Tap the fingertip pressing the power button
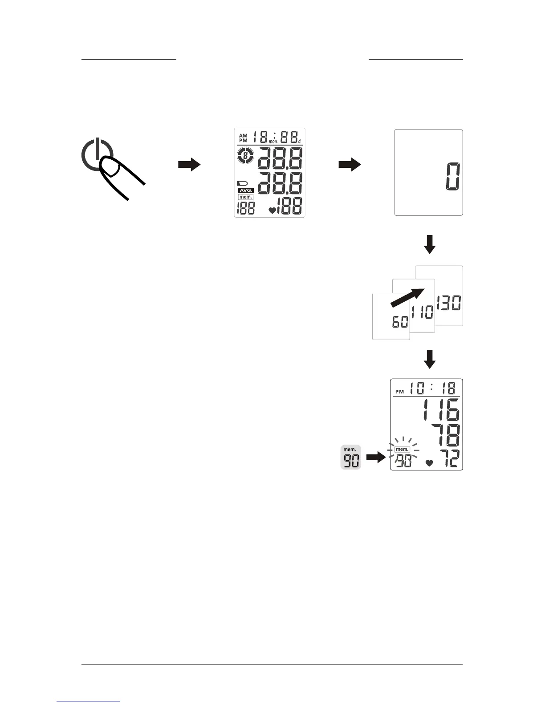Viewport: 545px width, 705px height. (110, 169)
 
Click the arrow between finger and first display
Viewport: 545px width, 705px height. (189, 165)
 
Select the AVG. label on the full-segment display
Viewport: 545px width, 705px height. (246, 190)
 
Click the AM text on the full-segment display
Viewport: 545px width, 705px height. (243, 135)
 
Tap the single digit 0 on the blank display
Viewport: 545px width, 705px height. (453, 177)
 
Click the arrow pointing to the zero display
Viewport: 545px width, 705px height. (350, 165)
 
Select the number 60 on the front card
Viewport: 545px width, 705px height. (400, 321)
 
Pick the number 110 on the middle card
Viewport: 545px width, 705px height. (422, 312)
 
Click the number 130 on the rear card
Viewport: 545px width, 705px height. (449, 303)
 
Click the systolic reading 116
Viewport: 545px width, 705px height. (441, 410)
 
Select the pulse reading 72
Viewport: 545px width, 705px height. (447, 458)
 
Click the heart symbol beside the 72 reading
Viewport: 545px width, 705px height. (429, 463)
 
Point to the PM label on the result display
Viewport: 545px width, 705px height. (399, 392)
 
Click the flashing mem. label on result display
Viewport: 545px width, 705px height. (402, 450)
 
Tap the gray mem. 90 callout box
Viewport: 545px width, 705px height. (350, 457)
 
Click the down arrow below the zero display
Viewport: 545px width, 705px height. (430, 244)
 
